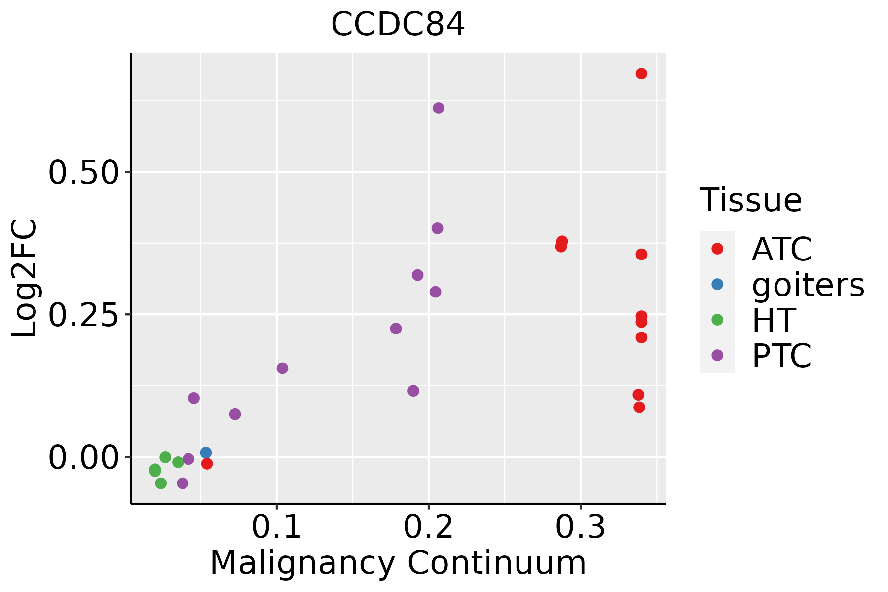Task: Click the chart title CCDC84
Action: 398,25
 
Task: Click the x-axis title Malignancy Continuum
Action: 398,563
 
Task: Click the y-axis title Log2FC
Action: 25,279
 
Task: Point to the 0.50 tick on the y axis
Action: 84,172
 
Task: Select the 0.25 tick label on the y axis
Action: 84,315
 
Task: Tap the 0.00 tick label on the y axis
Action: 84,457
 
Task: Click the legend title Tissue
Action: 751,200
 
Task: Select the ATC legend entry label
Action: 781,249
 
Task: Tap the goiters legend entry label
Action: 808,285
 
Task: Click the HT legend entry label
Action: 774,320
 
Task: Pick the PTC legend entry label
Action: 781,356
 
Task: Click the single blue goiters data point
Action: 206,453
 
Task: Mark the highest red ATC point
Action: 641,74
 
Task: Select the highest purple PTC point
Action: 439,108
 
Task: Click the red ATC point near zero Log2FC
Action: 207,464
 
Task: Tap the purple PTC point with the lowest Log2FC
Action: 183,483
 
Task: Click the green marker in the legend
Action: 717,320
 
